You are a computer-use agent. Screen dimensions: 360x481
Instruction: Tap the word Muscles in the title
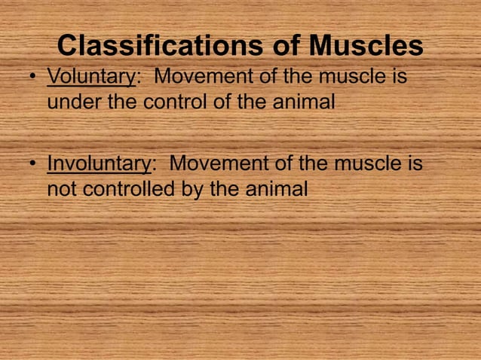click(x=365, y=47)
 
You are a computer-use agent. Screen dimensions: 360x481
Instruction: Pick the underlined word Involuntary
click(x=98, y=163)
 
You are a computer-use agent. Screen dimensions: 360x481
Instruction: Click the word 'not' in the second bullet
click(x=63, y=188)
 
